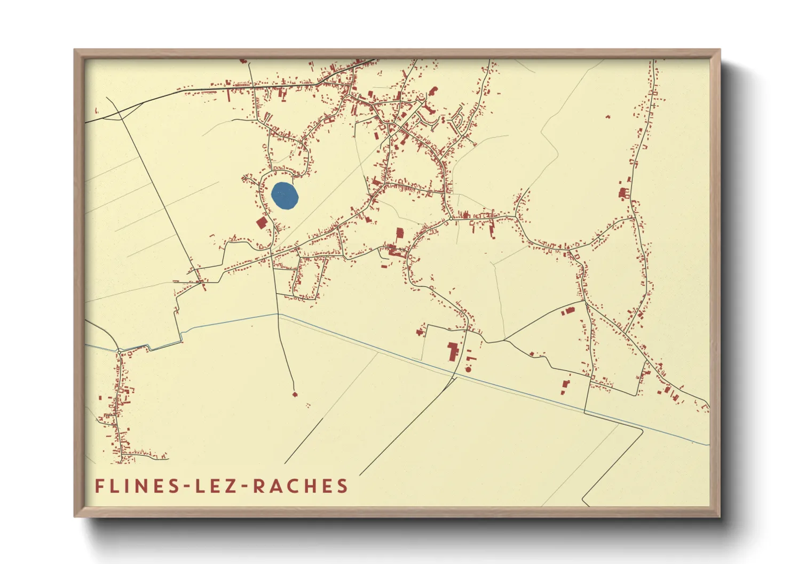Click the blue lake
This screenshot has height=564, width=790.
284,196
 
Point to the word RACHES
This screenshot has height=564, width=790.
300,486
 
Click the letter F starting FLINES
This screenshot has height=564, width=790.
99,486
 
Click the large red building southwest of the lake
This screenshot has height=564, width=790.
262,222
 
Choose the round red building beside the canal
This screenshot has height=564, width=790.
468,369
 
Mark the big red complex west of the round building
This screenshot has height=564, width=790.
453,352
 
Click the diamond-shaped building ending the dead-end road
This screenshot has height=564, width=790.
295,394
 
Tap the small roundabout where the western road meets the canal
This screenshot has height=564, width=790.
120,350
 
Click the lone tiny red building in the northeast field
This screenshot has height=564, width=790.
607,116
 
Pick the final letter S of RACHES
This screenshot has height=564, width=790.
343,486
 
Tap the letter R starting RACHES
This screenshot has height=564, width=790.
257,486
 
